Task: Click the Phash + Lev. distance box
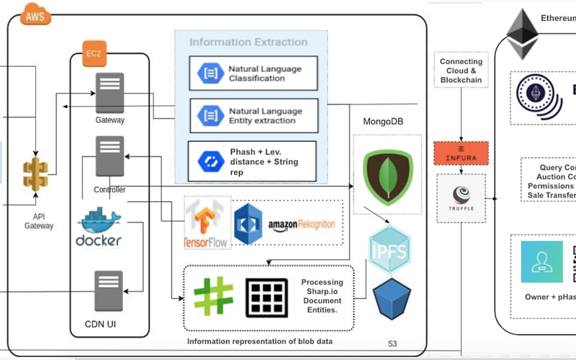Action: click(x=252, y=161)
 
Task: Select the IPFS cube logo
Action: click(x=390, y=248)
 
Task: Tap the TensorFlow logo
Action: click(x=207, y=223)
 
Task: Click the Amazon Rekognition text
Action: click(x=301, y=225)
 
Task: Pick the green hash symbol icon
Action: click(x=213, y=297)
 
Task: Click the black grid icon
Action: click(x=267, y=297)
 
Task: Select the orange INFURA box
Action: click(x=461, y=153)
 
